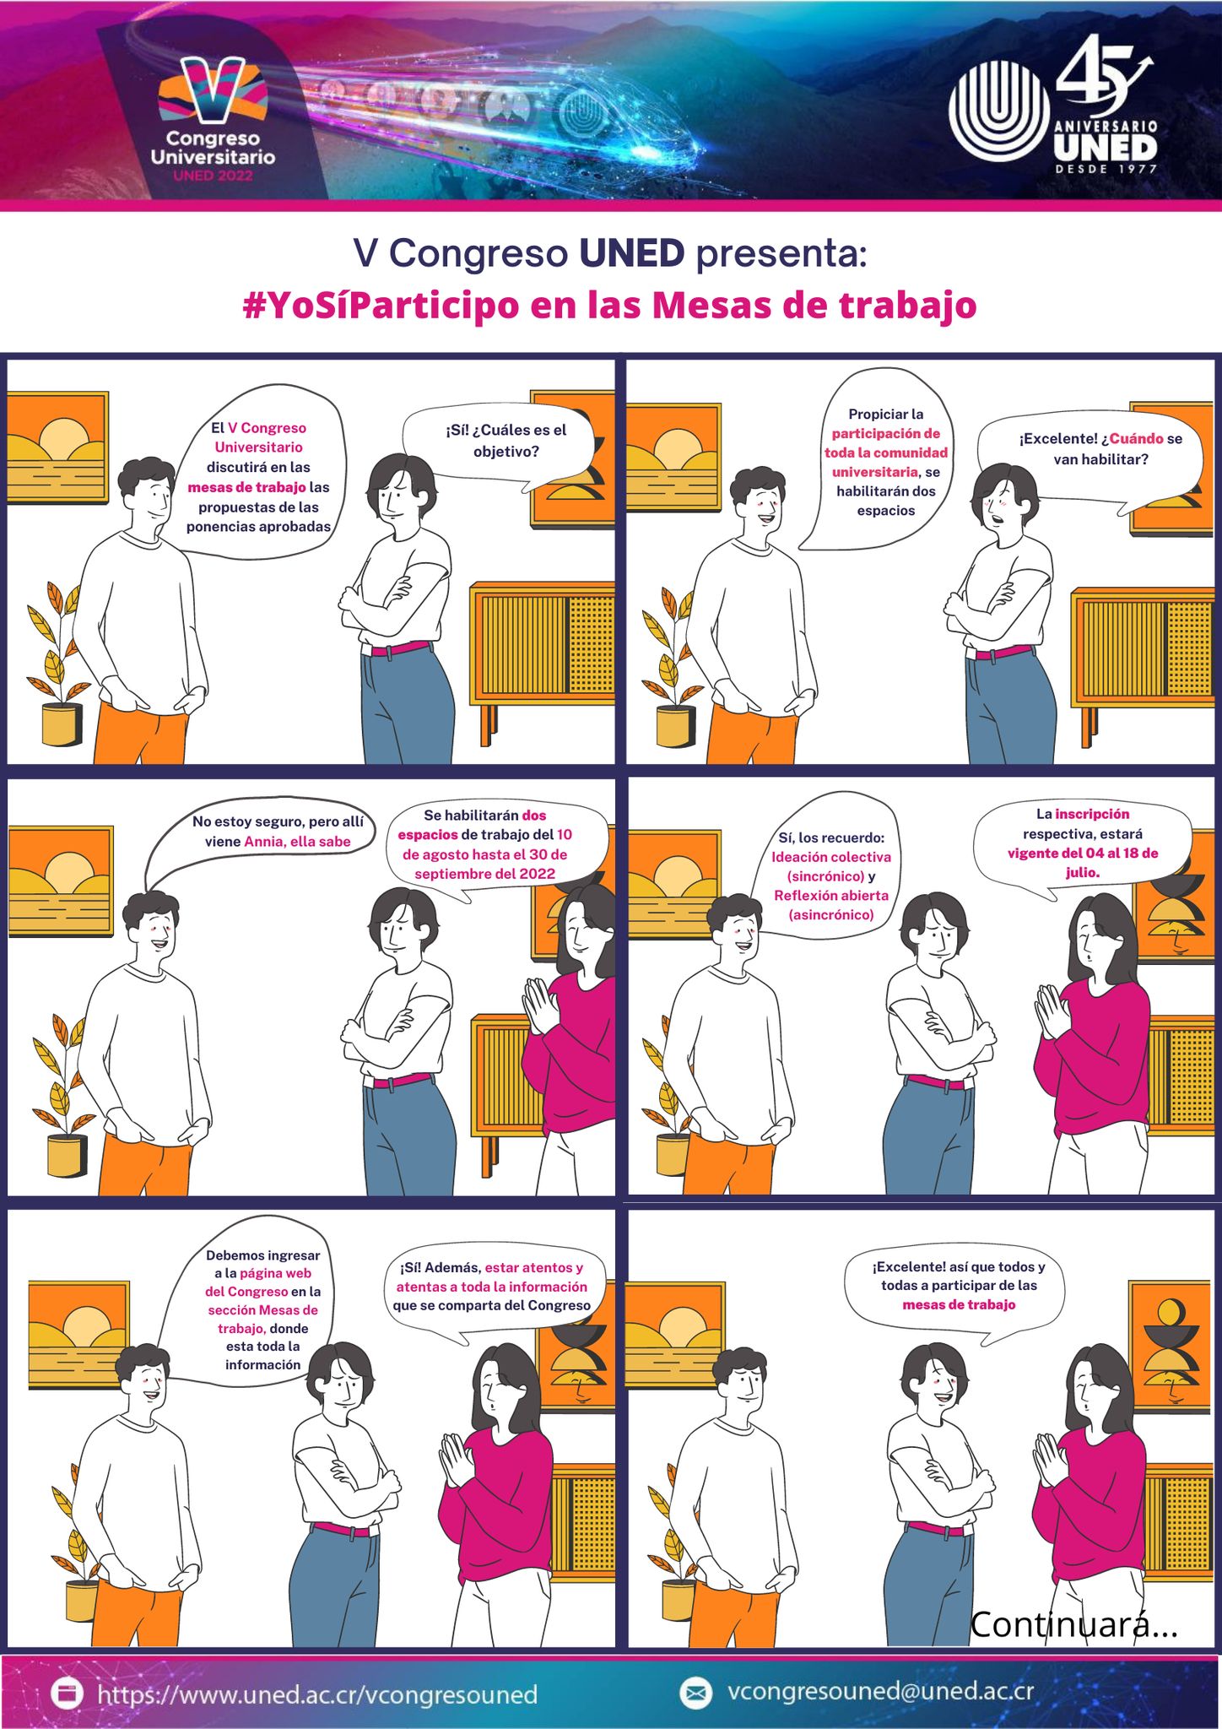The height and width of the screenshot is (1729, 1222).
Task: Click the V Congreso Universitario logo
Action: (x=213, y=118)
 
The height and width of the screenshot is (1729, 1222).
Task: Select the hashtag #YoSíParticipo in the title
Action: (x=381, y=305)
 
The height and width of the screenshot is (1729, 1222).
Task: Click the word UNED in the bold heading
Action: (x=631, y=252)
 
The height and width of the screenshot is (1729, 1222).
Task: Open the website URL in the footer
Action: (x=317, y=1694)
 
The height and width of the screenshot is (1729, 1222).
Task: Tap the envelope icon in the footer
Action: (x=695, y=1693)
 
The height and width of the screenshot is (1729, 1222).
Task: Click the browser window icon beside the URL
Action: (x=67, y=1693)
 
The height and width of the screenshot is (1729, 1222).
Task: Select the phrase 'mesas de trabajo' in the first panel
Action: (x=246, y=487)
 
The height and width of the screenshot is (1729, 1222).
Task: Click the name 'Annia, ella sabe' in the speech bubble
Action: (x=297, y=842)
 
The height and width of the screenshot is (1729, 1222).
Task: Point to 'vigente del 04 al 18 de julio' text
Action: (x=1083, y=863)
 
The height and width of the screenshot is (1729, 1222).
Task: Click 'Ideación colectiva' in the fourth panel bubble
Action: (x=831, y=857)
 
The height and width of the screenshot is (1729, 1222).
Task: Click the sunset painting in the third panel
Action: (x=61, y=881)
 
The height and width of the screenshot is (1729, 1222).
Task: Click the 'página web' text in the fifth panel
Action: (x=276, y=1273)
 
